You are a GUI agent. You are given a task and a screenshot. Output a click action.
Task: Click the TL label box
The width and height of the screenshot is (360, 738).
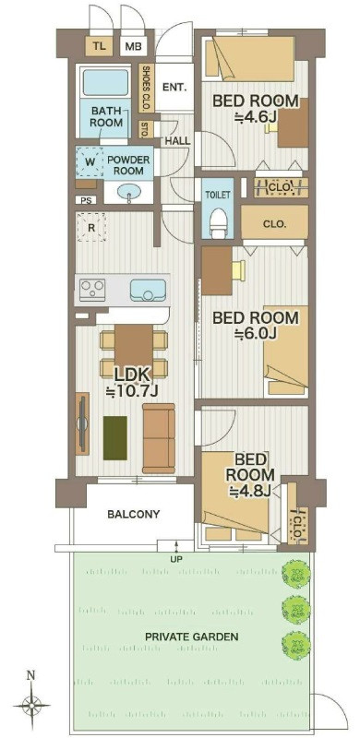pyautogui.click(x=99, y=46)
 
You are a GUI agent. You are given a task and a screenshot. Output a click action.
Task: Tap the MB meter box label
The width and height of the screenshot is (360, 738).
pyautogui.click(x=133, y=47)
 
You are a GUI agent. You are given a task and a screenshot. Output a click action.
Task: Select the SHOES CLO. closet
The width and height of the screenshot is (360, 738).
pyautogui.click(x=146, y=88)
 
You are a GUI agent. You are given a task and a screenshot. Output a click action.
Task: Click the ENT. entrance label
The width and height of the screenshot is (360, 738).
pyautogui.click(x=174, y=87)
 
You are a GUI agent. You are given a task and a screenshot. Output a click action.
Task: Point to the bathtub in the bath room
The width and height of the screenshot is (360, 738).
pyautogui.click(x=104, y=83)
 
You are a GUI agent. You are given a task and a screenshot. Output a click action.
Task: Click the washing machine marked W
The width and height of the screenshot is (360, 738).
pyautogui.click(x=90, y=162)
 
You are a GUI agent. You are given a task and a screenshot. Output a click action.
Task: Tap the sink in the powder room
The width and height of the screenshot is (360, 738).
pyautogui.click(x=129, y=192)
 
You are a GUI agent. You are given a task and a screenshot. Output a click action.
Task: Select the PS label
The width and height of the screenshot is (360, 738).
pyautogui.click(x=86, y=200)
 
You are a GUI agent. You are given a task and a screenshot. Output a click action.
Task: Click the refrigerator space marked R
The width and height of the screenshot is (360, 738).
pyautogui.click(x=91, y=227)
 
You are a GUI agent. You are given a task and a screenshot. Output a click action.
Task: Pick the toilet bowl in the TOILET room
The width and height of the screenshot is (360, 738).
pyautogui.click(x=219, y=223)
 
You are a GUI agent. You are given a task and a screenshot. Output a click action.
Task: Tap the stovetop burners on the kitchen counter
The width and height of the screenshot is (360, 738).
pyautogui.click(x=92, y=290)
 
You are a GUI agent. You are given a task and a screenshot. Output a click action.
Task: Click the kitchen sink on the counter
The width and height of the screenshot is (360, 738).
pyautogui.click(x=148, y=291)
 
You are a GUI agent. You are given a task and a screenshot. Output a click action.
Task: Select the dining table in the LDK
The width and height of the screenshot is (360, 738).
pyautogui.click(x=134, y=351)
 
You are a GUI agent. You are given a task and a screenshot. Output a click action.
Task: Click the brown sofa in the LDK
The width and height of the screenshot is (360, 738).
pyautogui.click(x=159, y=437)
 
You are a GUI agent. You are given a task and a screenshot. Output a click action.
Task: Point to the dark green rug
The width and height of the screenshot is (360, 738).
pyautogui.click(x=115, y=438)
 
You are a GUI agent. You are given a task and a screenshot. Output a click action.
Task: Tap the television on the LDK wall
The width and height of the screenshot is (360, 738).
pyautogui.click(x=82, y=423)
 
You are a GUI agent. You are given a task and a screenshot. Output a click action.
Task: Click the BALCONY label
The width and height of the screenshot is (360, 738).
pyautogui.click(x=134, y=514)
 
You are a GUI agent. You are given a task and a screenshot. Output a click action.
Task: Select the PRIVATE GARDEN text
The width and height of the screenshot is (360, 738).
pyautogui.click(x=192, y=637)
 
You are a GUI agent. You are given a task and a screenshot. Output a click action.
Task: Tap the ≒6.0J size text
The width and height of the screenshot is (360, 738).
pyautogui.click(x=255, y=333)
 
